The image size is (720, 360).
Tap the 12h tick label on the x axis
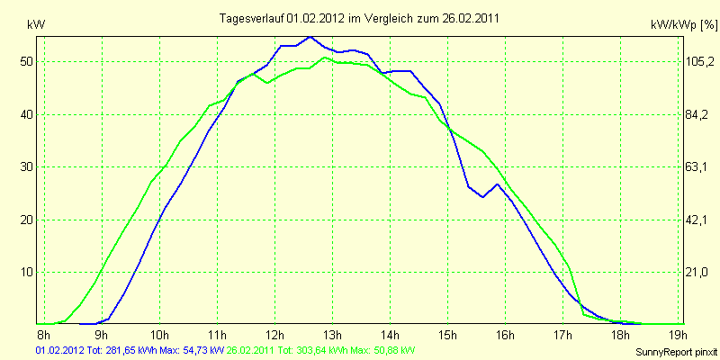(274, 337)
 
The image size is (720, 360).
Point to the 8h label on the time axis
(43, 337)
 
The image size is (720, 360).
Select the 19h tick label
(676, 337)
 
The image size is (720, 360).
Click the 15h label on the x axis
(447, 337)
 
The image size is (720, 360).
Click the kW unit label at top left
(35, 25)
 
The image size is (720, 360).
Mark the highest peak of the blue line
(310, 37)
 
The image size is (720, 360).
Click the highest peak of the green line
(325, 58)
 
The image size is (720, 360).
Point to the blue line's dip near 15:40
(483, 197)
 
